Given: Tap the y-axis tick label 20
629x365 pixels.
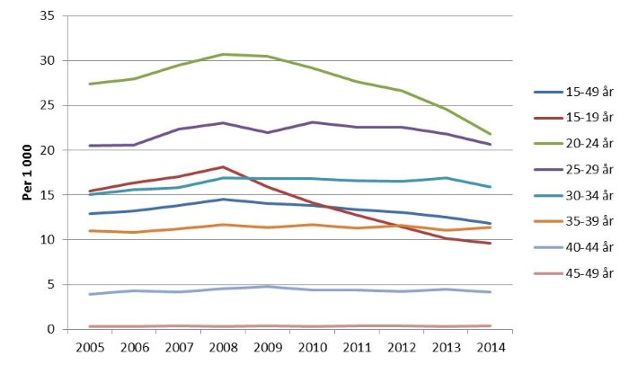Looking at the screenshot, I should (x=49, y=150).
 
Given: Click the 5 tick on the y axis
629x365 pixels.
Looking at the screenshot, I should (x=52, y=284).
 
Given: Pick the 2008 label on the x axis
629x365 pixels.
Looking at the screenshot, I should (x=224, y=346).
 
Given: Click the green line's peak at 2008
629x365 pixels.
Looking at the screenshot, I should (x=224, y=54).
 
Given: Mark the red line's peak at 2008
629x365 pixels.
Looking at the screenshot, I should (x=224, y=166).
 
